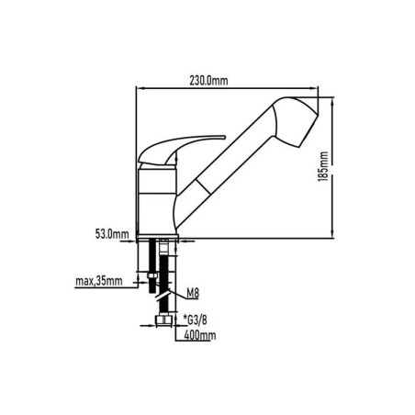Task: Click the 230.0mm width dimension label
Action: click(208, 81)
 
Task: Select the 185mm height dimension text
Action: click(323, 166)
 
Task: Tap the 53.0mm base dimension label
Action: click(112, 234)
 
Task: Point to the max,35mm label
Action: click(99, 281)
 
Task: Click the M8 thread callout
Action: click(193, 294)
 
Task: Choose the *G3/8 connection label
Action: click(196, 320)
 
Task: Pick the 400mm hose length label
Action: click(200, 335)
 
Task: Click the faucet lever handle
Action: click(181, 149)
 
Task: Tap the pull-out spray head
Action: click(296, 121)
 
